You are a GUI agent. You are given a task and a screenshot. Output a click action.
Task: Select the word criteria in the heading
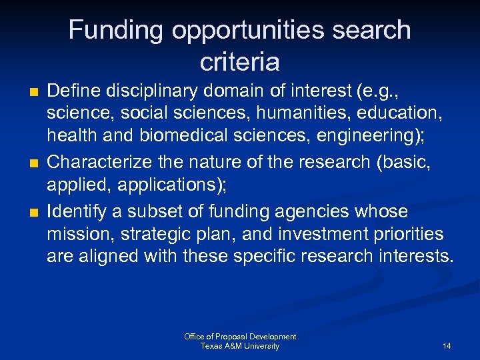point(239,62)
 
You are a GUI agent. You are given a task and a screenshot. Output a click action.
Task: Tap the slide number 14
point(446,346)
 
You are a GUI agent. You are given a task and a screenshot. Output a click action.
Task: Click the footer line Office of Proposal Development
point(240,337)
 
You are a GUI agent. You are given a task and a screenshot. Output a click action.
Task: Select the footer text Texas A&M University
point(240,346)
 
